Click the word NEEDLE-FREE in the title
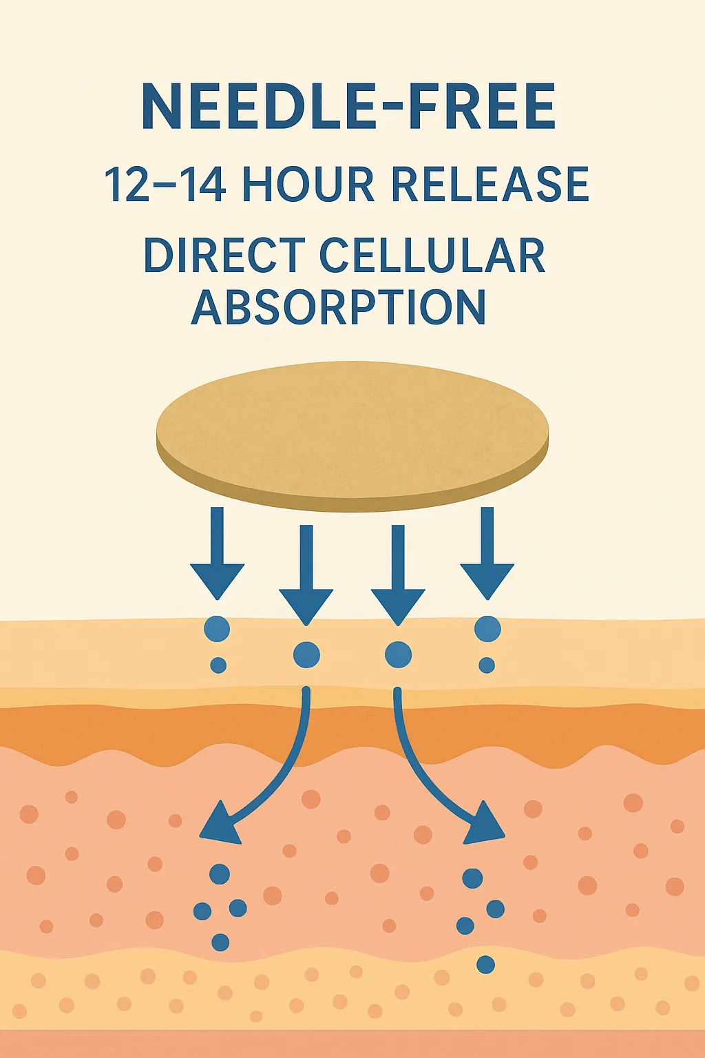(348, 106)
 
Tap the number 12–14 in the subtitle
(165, 184)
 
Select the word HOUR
(308, 184)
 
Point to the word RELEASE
(490, 184)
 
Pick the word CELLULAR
(432, 255)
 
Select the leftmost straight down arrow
(217, 554)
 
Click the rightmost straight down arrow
(487, 554)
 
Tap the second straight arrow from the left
(306, 576)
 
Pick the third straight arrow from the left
(398, 576)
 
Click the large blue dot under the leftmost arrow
(217, 629)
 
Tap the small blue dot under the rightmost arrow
(487, 665)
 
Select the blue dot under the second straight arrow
(306, 655)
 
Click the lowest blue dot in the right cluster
(485, 964)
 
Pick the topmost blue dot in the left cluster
(220, 874)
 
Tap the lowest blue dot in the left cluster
(220, 942)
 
